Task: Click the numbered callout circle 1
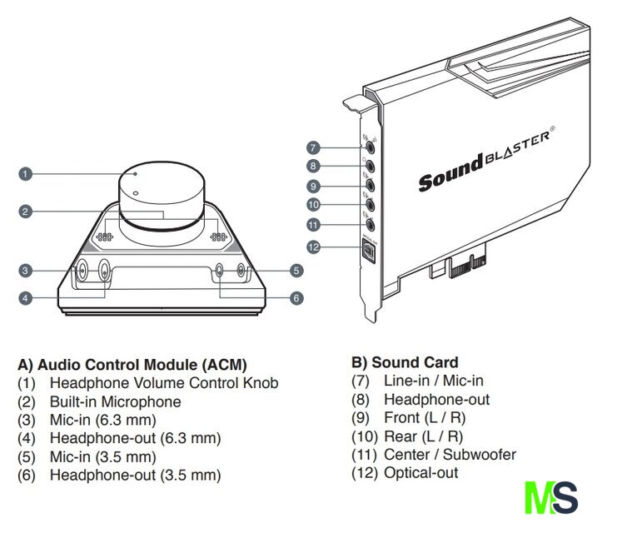point(26,174)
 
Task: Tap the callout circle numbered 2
point(26,212)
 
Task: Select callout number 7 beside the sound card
point(313,147)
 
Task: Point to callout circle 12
point(313,247)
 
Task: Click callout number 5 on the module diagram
point(296,270)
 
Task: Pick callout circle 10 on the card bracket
point(313,205)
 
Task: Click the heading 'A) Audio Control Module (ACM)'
point(132,365)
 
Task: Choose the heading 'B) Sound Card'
point(405,362)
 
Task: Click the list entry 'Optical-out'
point(420,473)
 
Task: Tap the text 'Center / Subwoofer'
point(450,455)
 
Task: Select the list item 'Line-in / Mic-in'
point(433,381)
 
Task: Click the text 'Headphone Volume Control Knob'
point(164,383)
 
